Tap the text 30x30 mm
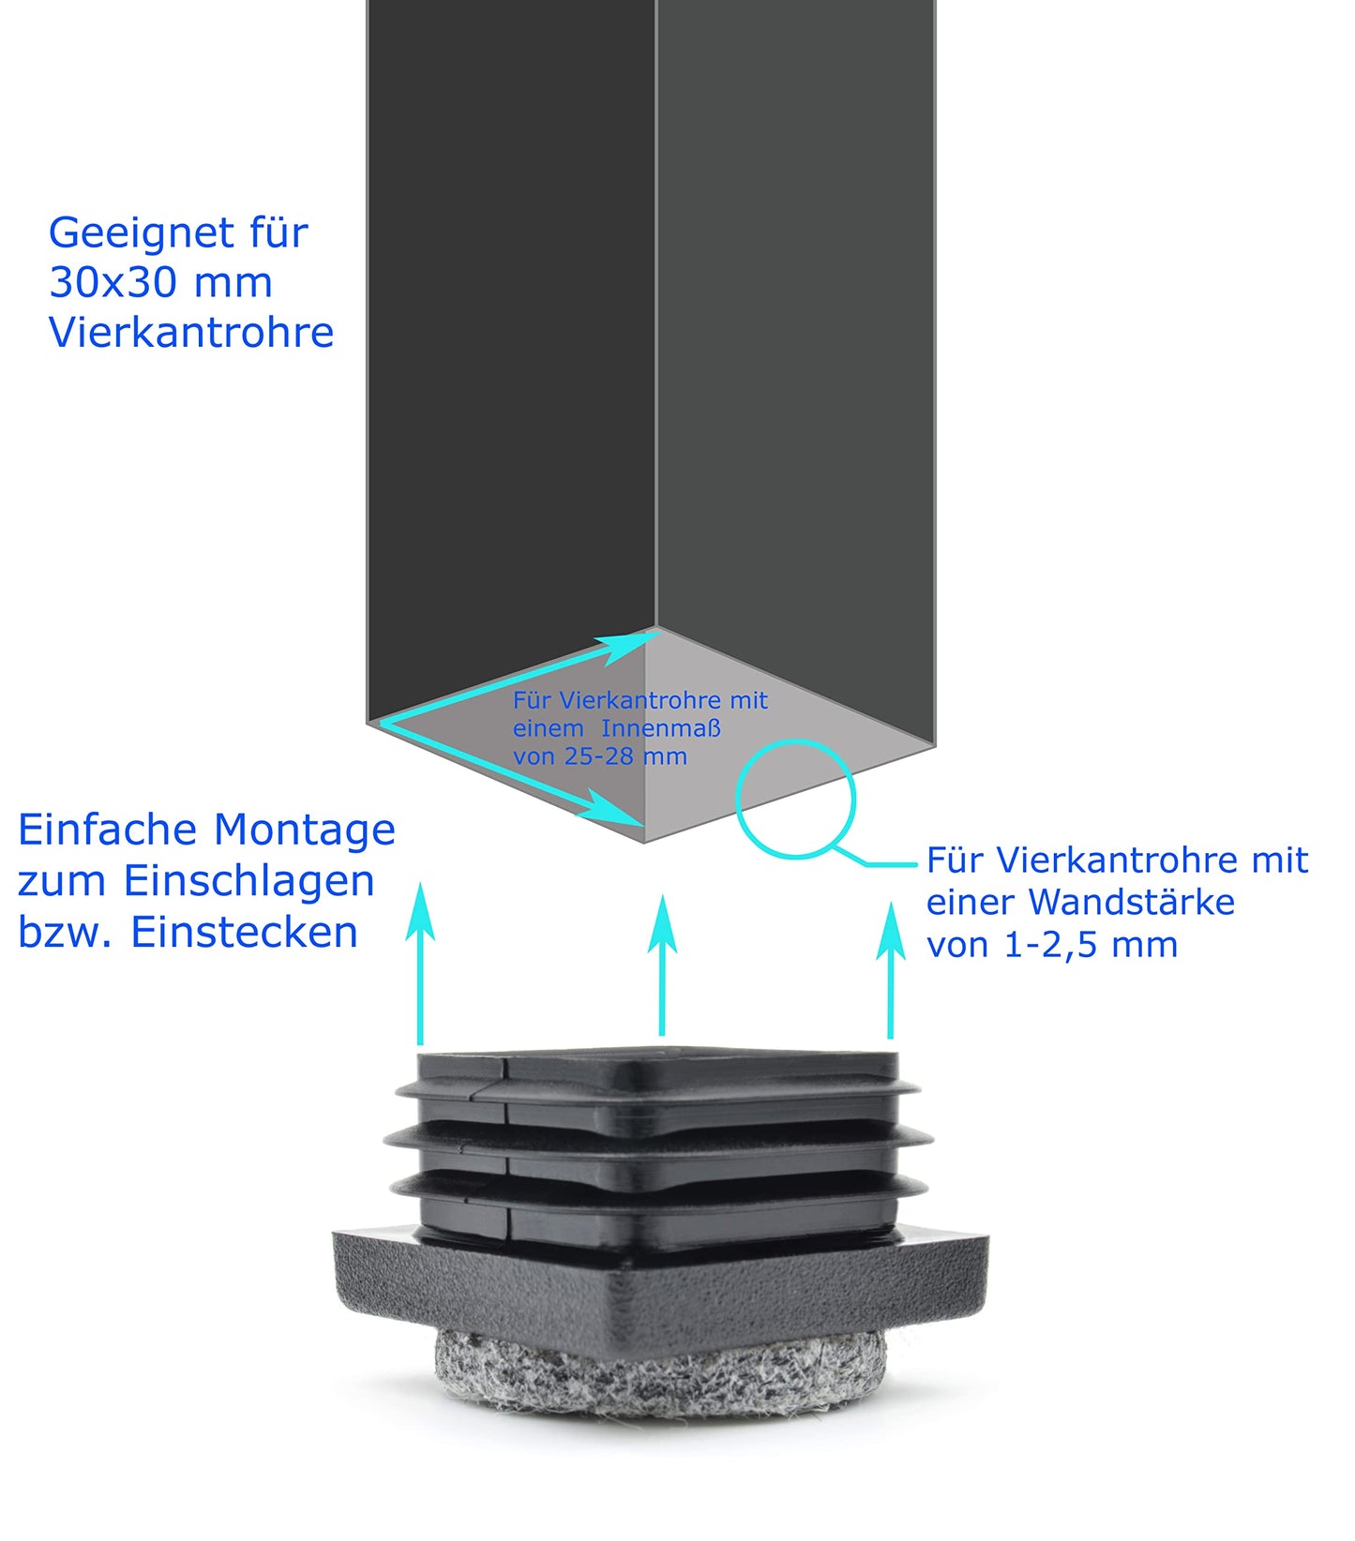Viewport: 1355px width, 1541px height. point(160,283)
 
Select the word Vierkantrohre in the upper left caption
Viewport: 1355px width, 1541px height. point(191,333)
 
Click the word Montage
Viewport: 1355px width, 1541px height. point(305,830)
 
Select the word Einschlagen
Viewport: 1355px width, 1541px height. point(248,881)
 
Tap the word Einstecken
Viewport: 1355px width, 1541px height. point(244,933)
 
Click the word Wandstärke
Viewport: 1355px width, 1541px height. point(1132,903)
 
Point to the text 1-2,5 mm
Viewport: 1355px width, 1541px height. point(1091,945)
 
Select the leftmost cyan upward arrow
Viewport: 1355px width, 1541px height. point(420,965)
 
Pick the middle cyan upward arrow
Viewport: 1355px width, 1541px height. point(662,965)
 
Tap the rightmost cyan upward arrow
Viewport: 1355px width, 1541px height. point(890,970)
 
